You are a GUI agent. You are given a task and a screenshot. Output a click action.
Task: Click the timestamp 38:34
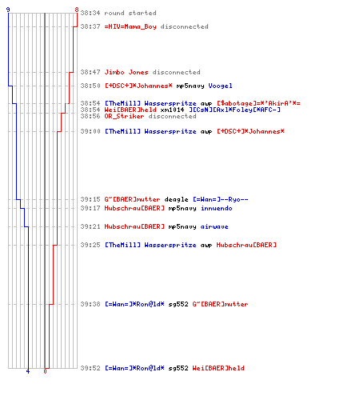90,13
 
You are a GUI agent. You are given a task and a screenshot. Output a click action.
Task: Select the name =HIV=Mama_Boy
130,26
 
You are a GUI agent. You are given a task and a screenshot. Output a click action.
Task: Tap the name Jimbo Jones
126,72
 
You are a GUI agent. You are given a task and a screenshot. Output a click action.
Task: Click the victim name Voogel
220,86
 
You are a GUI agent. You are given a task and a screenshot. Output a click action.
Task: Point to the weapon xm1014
172,110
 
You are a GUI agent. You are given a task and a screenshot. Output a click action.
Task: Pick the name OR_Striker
124,116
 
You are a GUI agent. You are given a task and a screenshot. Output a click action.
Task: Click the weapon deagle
176,199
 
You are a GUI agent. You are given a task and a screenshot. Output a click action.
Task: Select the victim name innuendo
217,208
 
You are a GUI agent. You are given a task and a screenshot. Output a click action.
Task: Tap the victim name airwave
214,226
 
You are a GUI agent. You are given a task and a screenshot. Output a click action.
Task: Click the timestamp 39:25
90,245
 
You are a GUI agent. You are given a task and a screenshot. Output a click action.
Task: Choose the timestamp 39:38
90,304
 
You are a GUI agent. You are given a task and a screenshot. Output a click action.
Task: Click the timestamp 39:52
90,368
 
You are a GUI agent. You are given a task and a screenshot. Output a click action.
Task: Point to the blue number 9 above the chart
8,10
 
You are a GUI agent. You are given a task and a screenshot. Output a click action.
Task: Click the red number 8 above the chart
77,10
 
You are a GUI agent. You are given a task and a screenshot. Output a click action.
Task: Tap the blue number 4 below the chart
28,371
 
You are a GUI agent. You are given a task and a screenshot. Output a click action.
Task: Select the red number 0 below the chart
45,371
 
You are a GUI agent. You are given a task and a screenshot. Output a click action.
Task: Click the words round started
130,13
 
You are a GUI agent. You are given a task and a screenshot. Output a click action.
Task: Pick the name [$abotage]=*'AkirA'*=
258,103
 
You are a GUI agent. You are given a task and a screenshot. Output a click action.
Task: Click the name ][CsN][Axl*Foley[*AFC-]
234,110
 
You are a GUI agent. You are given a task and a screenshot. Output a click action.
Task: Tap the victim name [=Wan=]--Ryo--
221,199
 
